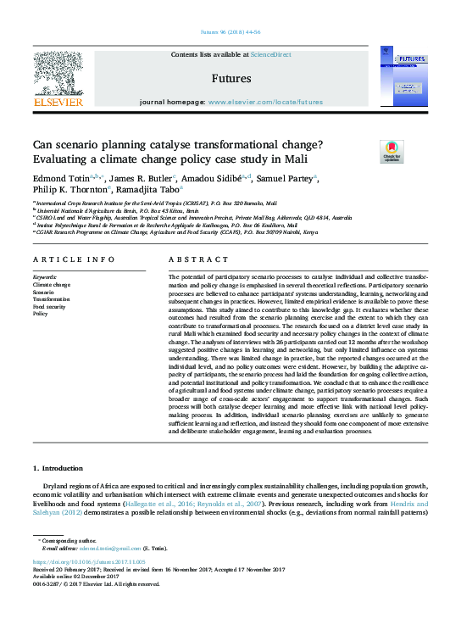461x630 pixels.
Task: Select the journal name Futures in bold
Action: [x=230, y=79]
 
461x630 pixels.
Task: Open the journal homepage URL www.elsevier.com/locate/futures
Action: [x=265, y=102]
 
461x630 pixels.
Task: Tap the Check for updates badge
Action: [x=391, y=153]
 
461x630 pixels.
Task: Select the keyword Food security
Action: [x=52, y=306]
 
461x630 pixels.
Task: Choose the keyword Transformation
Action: [x=52, y=299]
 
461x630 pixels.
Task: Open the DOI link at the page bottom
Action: [x=89, y=561]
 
